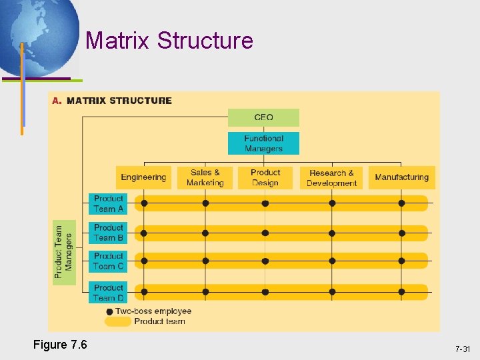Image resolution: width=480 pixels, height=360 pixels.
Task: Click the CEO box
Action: [x=263, y=117]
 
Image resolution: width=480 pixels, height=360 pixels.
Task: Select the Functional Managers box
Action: [x=263, y=143]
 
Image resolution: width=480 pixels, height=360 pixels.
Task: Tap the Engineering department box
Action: [x=143, y=177]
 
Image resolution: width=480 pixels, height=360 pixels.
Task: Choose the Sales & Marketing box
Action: [x=205, y=177]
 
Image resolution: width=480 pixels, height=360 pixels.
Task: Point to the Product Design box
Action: [x=265, y=177]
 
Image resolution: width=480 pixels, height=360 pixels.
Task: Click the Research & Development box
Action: [x=332, y=177]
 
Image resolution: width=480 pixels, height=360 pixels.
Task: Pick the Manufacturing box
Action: [x=401, y=177]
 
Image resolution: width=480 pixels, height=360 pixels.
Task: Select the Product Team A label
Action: [x=108, y=203]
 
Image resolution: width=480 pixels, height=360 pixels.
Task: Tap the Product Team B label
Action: [x=108, y=233]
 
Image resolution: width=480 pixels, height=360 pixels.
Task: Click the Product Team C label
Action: [x=108, y=261]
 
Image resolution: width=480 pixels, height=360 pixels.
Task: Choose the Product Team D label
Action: [x=108, y=292]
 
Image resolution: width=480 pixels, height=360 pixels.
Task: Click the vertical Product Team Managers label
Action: [x=63, y=251]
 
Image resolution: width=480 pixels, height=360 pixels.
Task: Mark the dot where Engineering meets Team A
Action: [x=144, y=203]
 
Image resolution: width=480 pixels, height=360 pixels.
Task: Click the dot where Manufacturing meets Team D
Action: [x=401, y=292]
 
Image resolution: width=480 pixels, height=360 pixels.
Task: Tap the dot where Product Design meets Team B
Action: [x=265, y=233]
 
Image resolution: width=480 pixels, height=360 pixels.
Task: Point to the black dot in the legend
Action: [x=109, y=311]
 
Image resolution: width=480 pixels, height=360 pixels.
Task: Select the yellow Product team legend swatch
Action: [x=118, y=321]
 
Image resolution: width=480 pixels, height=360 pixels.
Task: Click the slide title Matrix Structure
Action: [x=169, y=41]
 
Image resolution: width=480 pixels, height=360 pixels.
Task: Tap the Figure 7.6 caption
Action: [x=60, y=345]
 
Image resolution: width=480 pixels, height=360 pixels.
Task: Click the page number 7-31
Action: [x=463, y=349]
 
